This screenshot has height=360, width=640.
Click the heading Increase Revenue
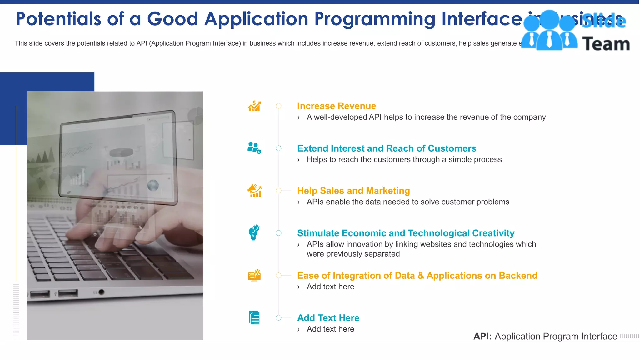point(336,106)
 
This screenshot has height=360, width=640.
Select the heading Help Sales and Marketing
point(353,191)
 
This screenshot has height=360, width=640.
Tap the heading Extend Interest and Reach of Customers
point(387,148)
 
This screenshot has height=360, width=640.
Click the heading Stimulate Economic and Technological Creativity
point(405,233)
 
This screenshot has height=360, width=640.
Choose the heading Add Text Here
point(328,318)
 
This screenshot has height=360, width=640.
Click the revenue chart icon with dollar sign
point(254,106)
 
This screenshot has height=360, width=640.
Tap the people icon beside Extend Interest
point(254,148)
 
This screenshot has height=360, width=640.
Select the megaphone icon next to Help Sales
point(254,191)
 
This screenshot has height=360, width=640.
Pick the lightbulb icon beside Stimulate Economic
point(254,233)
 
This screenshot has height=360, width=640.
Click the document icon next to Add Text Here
point(254,318)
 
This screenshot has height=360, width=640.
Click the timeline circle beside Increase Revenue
point(279,106)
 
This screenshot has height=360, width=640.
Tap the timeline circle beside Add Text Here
point(279,318)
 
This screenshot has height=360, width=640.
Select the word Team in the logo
point(606,44)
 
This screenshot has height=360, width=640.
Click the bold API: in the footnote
point(482,337)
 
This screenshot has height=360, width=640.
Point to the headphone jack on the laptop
point(101,292)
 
